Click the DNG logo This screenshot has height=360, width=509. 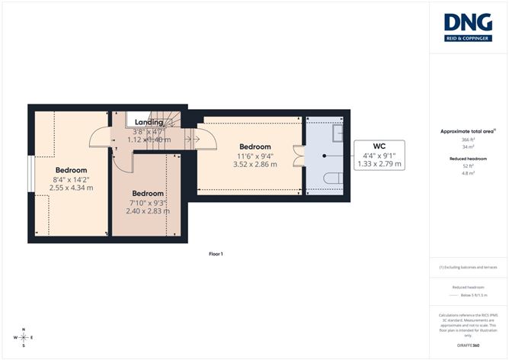click(468, 27)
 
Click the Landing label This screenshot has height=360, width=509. click(149, 122)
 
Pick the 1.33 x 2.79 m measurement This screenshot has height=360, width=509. click(378, 164)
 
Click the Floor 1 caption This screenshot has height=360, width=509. click(216, 253)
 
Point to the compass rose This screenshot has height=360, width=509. click(24, 337)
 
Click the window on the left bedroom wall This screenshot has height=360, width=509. click(30, 175)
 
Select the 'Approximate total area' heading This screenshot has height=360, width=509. click(468, 131)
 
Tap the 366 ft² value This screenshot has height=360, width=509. click(468, 140)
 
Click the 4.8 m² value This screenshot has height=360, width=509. click(468, 173)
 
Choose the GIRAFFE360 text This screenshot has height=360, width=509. click(468, 345)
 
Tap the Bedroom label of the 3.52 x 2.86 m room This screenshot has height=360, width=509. click(255, 146)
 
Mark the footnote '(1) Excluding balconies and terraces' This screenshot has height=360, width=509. click(468, 268)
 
